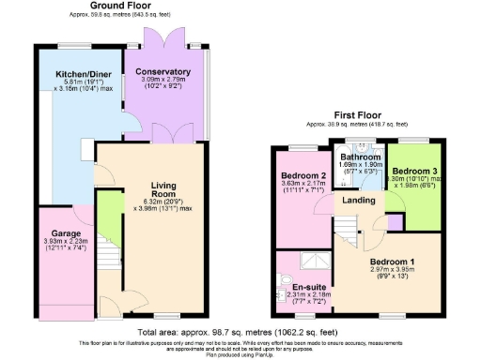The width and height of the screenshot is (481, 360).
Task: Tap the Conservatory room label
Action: (x=163, y=72)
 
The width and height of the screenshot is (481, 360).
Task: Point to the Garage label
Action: (x=66, y=233)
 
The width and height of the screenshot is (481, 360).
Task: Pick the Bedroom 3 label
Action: (x=413, y=172)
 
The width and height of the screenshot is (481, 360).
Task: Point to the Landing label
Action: (x=359, y=201)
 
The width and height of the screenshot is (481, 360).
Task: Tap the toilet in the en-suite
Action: (x=286, y=282)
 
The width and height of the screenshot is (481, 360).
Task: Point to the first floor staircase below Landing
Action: (x=349, y=226)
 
